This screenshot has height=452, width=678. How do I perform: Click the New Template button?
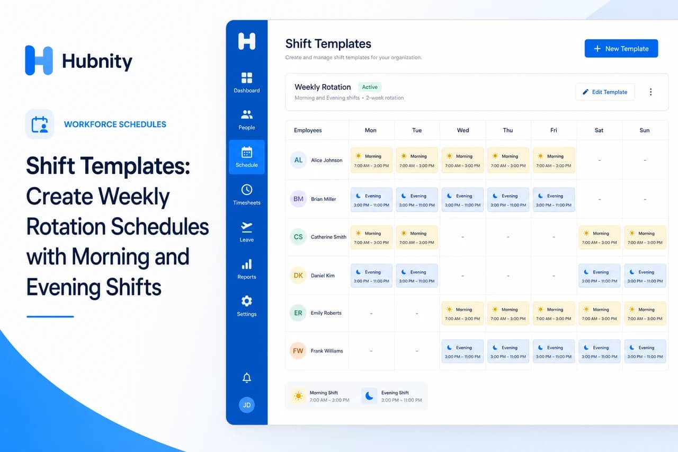621,48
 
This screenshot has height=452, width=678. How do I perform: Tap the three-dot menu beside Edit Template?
650,92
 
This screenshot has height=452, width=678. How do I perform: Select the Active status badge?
370,87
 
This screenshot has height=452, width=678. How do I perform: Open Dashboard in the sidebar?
247,83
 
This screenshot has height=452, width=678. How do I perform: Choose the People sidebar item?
247,120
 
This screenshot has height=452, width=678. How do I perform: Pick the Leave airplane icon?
247,227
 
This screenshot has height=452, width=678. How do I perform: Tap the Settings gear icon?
247,301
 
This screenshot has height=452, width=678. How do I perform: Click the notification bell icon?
247,378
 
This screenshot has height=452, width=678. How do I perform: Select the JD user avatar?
247,405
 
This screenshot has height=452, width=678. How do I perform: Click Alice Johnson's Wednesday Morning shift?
462,161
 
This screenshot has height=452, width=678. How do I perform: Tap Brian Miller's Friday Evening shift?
554,200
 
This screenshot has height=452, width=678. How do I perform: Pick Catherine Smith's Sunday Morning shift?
645,237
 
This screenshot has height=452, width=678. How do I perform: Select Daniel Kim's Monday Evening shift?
371,276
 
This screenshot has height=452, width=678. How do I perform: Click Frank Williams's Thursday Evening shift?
508,351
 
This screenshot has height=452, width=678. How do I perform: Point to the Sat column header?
599,130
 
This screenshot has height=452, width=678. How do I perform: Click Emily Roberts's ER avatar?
298,313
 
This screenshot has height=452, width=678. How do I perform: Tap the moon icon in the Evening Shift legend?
369,396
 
